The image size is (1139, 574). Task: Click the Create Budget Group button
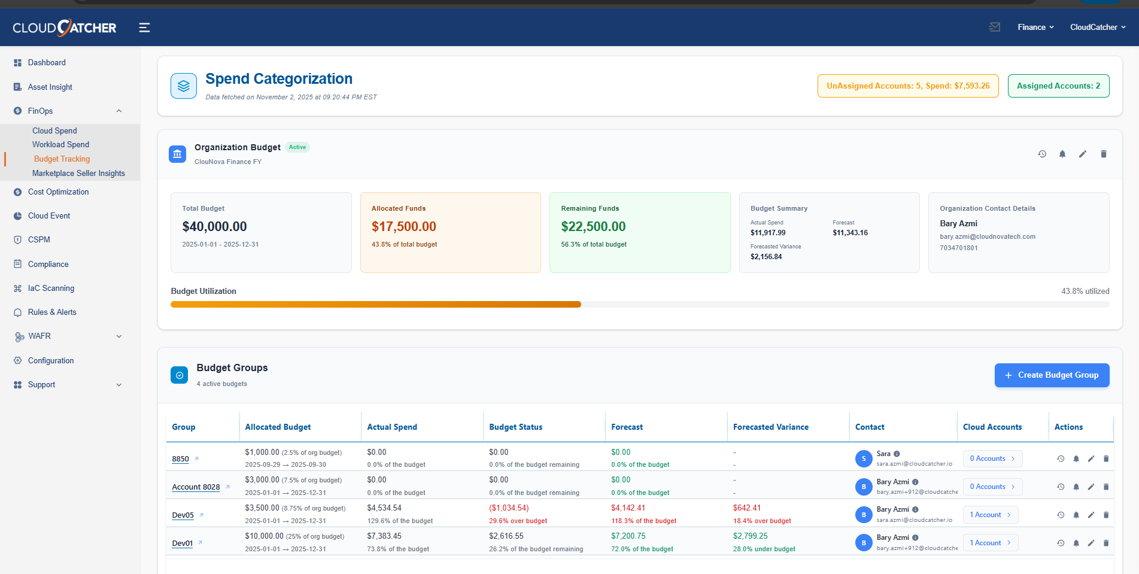pos(1052,375)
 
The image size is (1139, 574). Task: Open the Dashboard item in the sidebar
pos(46,62)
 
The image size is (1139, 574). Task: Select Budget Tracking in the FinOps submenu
pos(62,159)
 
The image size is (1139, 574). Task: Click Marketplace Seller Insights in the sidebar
pos(78,173)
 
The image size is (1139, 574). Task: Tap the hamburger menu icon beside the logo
pos(144,28)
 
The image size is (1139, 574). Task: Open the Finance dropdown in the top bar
pos(1035,28)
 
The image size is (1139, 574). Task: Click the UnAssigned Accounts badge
pos(907,86)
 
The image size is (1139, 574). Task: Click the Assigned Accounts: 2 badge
pos(1058,86)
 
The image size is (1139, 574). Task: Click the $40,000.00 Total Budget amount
pos(214,227)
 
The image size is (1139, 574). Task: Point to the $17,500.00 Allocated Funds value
pos(403,227)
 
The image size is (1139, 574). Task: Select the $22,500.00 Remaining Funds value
pos(593,227)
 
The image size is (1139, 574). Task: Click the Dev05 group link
pos(183,515)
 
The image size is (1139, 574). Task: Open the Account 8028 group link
pos(196,487)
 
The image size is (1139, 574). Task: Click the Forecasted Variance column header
pos(770,427)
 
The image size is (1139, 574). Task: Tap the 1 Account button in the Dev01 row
pos(990,543)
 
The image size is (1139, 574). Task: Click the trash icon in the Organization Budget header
pos(1103,154)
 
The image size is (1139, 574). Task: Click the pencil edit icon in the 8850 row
pos(1091,459)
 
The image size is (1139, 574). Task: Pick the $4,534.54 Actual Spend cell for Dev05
pos(384,508)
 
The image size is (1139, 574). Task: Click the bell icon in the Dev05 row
pos(1076,515)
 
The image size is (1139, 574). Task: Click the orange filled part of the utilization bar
pos(375,305)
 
